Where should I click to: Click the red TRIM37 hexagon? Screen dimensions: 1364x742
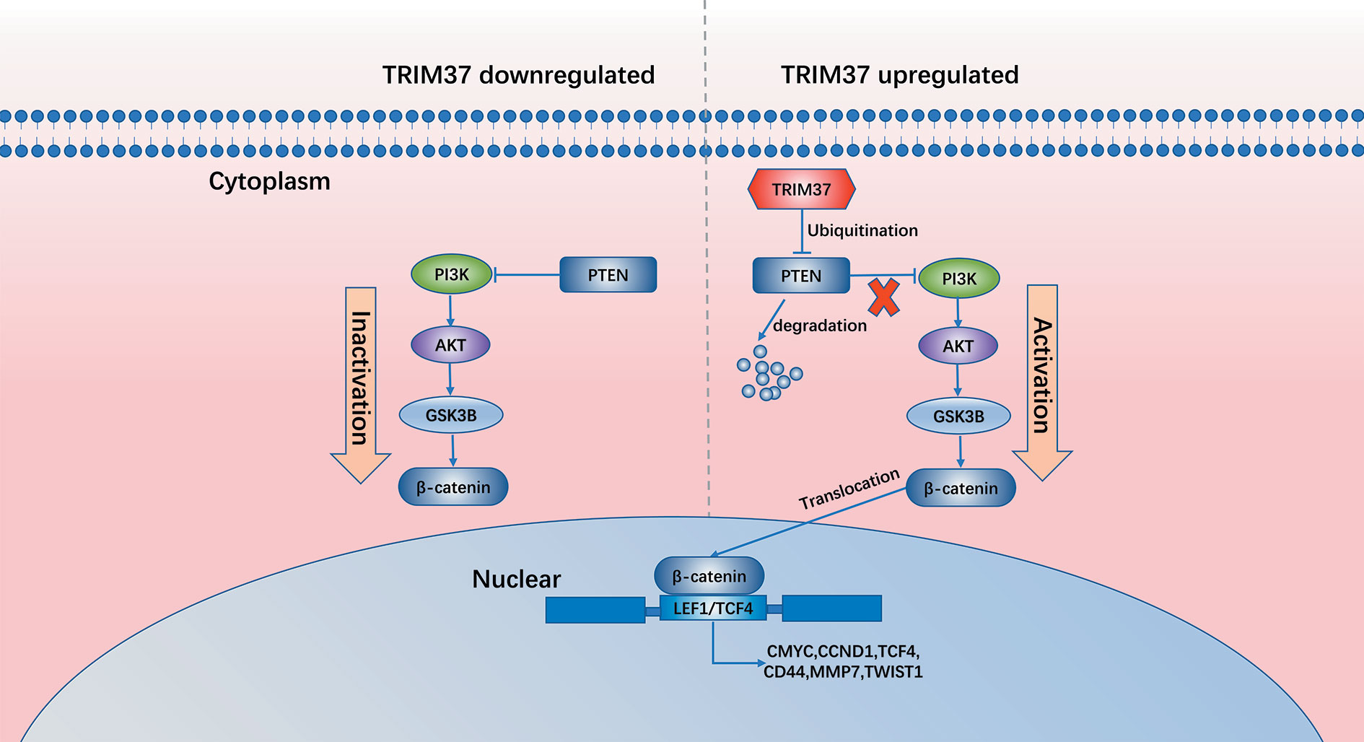801,189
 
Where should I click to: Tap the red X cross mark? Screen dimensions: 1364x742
883,297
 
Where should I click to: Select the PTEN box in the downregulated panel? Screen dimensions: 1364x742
608,275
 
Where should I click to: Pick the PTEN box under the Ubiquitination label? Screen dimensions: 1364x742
801,276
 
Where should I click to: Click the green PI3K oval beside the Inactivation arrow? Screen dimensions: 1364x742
452,274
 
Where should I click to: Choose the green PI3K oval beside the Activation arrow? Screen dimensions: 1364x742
959,279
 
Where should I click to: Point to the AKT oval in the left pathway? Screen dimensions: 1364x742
450,345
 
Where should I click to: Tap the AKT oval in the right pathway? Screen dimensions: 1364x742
958,346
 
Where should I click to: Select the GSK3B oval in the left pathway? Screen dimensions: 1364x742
451,415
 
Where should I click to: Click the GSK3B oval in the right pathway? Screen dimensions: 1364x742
958,416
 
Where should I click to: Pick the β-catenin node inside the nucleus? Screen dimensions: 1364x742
709,576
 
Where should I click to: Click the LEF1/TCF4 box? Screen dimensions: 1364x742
713,608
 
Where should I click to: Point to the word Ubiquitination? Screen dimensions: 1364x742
862,230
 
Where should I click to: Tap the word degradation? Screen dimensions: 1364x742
820,326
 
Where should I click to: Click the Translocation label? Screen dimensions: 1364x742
849,489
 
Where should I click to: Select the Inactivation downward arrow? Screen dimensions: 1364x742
360,385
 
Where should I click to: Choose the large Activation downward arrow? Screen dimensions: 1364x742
1042,383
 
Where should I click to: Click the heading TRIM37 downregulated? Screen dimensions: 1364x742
518,74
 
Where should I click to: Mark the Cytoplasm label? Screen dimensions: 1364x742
269,180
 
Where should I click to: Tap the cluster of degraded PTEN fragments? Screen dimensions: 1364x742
769,372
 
